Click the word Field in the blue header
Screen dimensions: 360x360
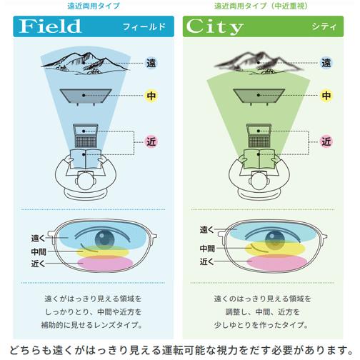pos(50,26)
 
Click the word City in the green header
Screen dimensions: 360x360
pos(214,26)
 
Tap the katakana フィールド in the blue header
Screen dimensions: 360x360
pos(144,26)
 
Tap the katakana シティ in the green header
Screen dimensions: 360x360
pos(324,26)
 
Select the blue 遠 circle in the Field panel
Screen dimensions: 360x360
pos(151,63)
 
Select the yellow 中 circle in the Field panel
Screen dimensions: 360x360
pos(151,96)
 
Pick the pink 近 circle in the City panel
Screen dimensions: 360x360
pos(326,141)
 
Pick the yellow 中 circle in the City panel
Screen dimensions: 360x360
pos(326,96)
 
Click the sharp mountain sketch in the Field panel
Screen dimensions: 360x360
pos(85,64)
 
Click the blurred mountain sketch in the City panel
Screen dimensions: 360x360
pos(259,63)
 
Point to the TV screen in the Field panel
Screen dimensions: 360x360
pos(86,96)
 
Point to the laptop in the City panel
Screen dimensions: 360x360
pos(259,136)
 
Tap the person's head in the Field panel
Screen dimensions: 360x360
pos(86,181)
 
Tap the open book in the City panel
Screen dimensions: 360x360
pos(259,159)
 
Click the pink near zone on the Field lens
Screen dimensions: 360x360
pos(105,263)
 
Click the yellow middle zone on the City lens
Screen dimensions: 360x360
pos(275,248)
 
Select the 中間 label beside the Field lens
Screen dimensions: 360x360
pos(39,251)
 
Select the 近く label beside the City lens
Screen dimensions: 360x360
pos(207,261)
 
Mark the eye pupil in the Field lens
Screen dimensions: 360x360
pos(104,239)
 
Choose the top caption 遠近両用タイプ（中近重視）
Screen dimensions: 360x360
pos(261,6)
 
